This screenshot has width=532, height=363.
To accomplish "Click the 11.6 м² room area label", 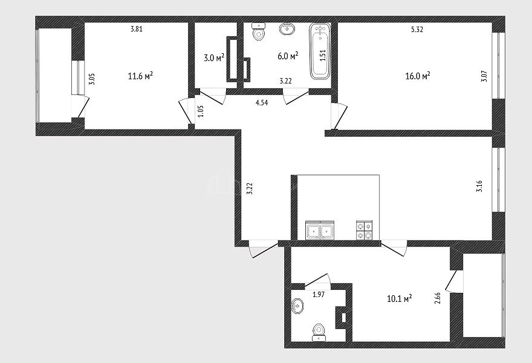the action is [140, 76].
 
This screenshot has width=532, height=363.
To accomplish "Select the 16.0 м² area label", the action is [418, 76].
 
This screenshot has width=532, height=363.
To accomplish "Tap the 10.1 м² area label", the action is [400, 298].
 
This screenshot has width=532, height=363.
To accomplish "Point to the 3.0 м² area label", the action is [214, 57].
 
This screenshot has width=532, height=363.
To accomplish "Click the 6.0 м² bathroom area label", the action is [288, 56].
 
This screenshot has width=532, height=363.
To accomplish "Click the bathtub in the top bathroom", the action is [320, 51].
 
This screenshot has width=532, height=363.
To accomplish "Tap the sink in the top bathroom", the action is [287, 28].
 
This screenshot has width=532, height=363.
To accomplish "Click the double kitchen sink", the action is [320, 231].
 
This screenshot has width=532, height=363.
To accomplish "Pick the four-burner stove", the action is [365, 231].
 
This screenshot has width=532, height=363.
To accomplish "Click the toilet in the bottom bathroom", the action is [319, 332].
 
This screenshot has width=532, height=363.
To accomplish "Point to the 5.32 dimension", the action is [417, 30].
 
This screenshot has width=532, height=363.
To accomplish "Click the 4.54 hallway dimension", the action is [262, 103].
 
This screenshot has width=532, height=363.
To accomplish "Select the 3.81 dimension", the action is [137, 29].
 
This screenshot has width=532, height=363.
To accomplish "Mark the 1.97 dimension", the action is [319, 295].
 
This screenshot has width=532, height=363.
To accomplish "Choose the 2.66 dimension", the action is [438, 298].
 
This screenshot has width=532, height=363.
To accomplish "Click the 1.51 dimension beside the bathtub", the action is [323, 55].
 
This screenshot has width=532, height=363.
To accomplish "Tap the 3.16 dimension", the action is [479, 186].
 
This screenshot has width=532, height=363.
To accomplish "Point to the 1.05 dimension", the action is [201, 111].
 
